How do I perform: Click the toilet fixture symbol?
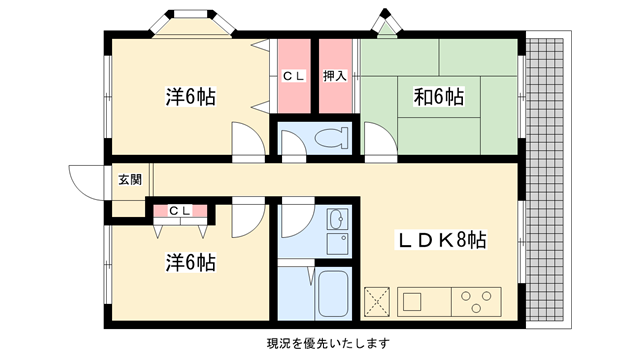tap(331, 138)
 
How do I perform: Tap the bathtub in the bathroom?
tap(333, 294)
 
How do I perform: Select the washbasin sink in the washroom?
tap(337, 219)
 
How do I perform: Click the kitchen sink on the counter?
tap(412, 302)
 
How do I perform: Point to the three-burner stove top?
tap(476, 301)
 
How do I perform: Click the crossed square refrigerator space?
tap(377, 302)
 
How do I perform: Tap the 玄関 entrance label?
tap(130, 180)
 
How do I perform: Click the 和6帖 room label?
tap(439, 97)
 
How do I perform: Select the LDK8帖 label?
tap(442, 240)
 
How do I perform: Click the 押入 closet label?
tap(335, 76)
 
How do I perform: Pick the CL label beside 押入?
tap(294, 76)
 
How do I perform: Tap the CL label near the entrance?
tap(180, 211)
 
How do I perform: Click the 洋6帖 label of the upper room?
tap(191, 97)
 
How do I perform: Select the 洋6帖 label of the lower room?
tap(191, 263)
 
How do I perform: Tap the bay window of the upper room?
tap(192, 24)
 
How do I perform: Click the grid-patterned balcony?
tap(545, 180)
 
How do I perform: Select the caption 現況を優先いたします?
tap(328, 343)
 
